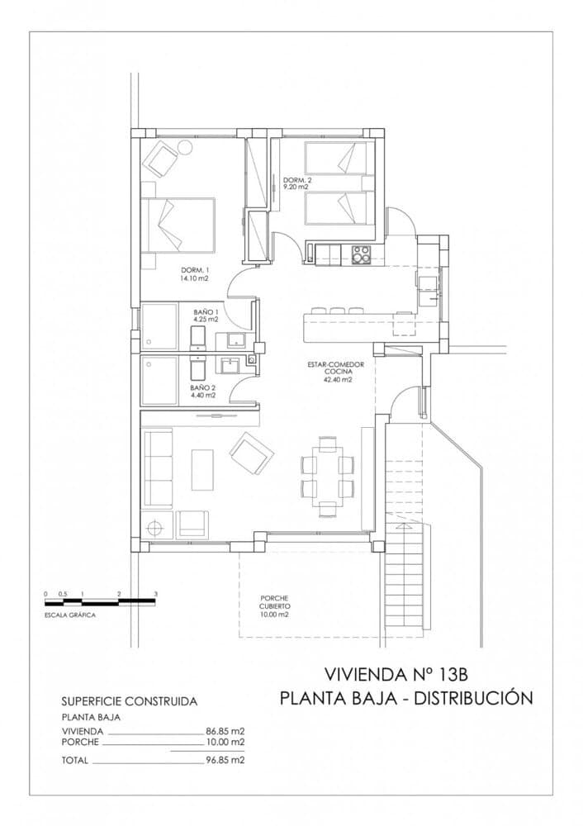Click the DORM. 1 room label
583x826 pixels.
tap(195, 275)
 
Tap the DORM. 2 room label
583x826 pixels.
tap(296, 183)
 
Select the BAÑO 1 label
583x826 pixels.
tap(206, 315)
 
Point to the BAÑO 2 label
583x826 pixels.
tap(202, 391)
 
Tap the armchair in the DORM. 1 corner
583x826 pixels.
tap(160, 158)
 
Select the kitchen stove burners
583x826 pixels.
tap(361, 254)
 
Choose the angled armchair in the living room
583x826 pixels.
tap(251, 452)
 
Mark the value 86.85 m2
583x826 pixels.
tap(225, 731)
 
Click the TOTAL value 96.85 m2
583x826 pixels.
tap(225, 759)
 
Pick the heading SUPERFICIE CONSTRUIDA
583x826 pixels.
tap(130, 701)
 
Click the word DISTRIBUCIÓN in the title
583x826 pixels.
tap(473, 698)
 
